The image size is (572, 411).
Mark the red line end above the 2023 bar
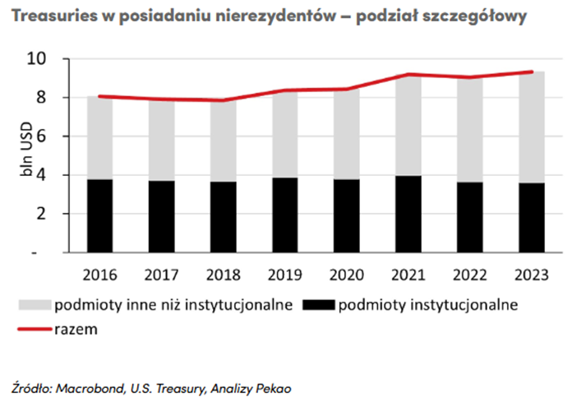[x=533, y=72]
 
